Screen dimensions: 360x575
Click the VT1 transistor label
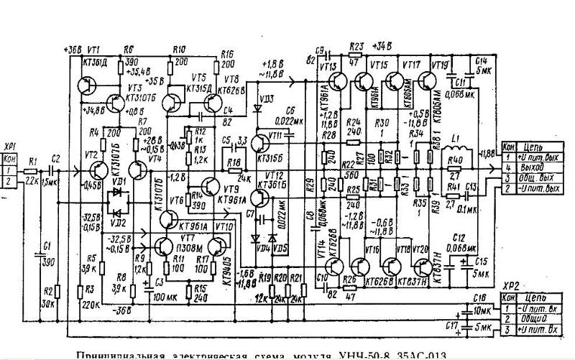[x=93, y=50]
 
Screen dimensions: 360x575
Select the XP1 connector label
[x=9, y=143]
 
